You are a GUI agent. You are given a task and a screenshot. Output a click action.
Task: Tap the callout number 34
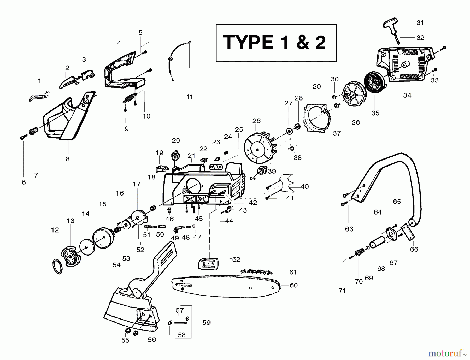point(407,96)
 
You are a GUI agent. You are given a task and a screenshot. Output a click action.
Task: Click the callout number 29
point(316,86)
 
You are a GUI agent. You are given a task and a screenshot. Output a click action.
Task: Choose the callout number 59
point(207,323)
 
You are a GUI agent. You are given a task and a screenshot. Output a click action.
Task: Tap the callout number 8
point(68,159)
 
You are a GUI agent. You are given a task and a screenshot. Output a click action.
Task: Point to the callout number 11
point(190,97)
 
